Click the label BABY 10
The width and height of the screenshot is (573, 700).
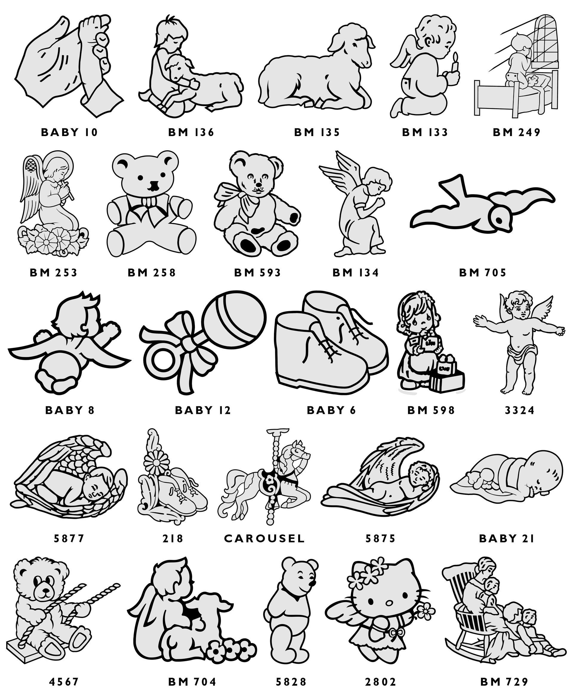pyautogui.click(x=69, y=132)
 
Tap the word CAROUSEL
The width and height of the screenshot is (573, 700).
pyautogui.click(x=264, y=539)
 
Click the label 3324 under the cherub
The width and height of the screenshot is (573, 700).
pyautogui.click(x=520, y=410)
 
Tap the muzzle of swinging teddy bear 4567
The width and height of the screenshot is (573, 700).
pyautogui.click(x=45, y=595)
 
